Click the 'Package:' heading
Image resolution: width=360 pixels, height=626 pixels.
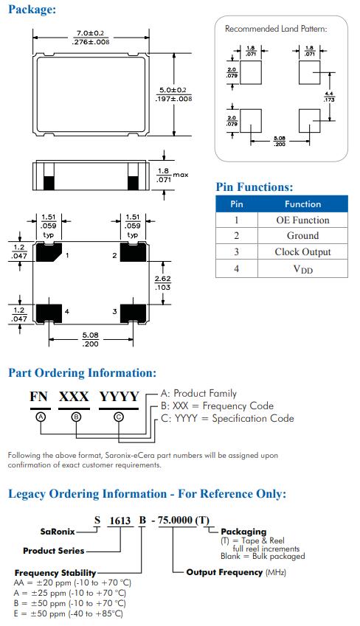(32, 10)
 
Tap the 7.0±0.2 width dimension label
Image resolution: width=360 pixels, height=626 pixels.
(90, 33)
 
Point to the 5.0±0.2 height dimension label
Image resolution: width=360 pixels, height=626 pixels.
(173, 90)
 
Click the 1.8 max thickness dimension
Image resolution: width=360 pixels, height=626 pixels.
(172, 175)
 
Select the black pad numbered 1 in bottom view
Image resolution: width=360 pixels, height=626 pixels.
(49, 252)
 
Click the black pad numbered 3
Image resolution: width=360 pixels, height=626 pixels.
(133, 313)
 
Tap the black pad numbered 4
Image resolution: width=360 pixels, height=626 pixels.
(49, 313)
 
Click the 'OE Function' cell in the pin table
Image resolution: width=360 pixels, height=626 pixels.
(302, 220)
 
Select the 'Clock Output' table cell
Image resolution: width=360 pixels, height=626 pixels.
(302, 252)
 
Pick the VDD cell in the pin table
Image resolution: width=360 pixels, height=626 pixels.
(303, 269)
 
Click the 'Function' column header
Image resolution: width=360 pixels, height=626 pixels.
(302, 204)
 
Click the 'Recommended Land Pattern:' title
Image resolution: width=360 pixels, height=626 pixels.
(276, 29)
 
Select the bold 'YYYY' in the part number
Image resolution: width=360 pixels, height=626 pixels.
(119, 397)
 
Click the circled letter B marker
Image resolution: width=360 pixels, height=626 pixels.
(76, 417)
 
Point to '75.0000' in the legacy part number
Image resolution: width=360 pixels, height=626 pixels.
(175, 521)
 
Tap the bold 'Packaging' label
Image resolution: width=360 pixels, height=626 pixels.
(243, 532)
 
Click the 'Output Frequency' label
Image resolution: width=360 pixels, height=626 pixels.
(224, 572)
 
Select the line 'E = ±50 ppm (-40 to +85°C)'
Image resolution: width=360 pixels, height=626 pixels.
(69, 613)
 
